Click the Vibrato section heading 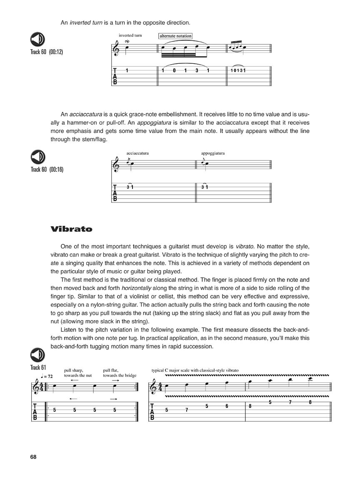coord(71,229)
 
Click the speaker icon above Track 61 coord(38,355)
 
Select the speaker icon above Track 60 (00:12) coord(38,40)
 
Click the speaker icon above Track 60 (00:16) coord(38,157)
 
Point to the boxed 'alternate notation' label coord(175,36)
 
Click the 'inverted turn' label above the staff coord(130,35)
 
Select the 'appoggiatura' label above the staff coord(212,153)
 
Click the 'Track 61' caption coord(38,367)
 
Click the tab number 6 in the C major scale coord(227,406)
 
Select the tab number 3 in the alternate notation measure coord(197,70)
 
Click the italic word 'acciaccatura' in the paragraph coord(82,114)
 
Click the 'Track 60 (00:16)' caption coord(47,170)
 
